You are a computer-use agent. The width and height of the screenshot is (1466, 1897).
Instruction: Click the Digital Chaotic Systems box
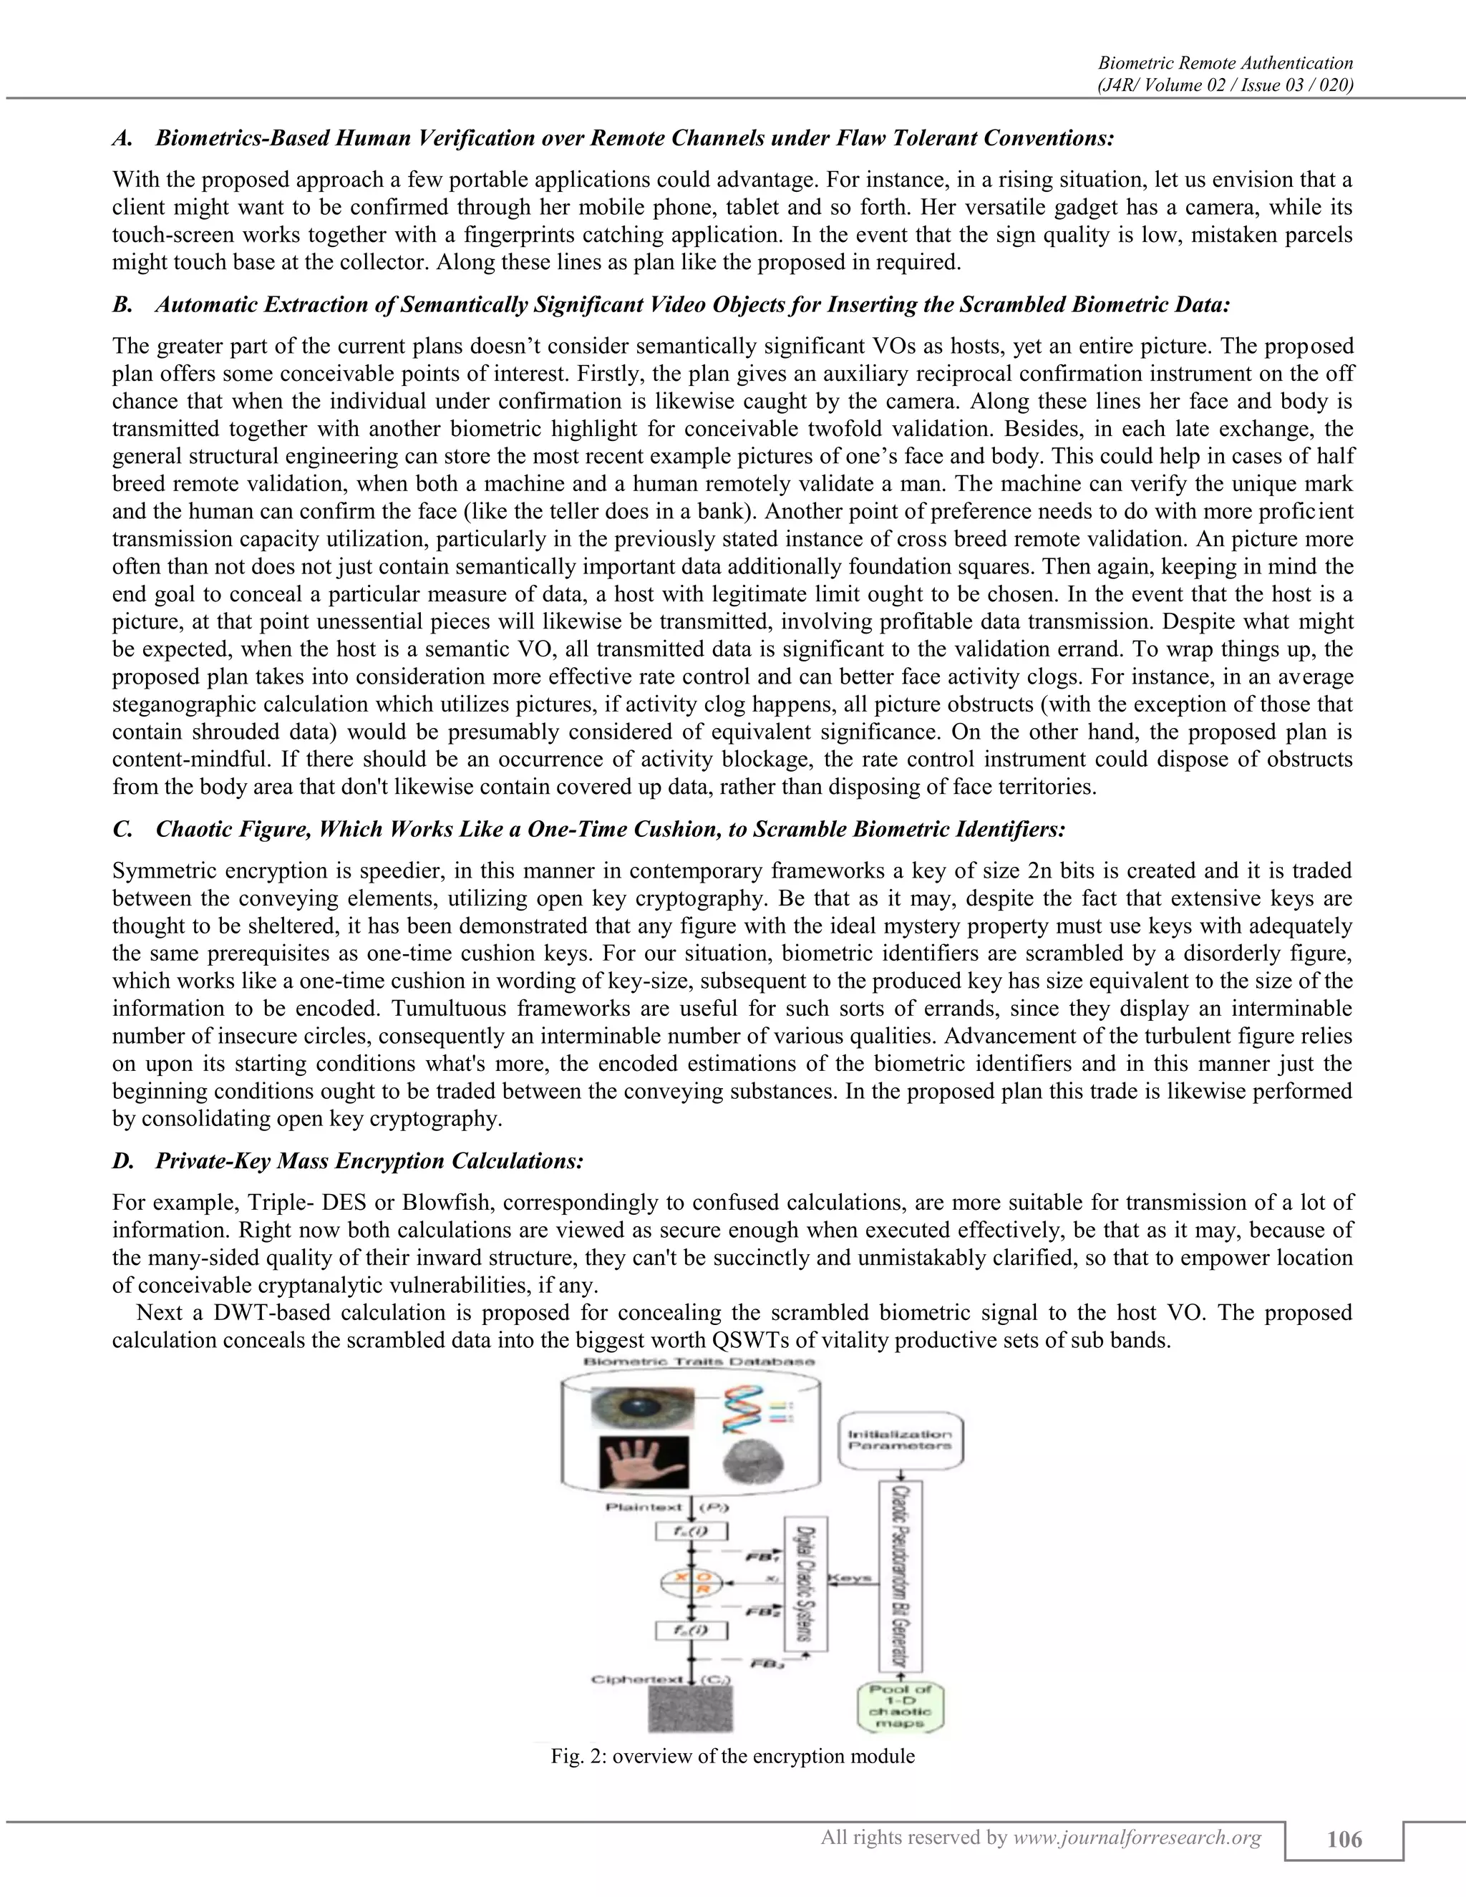coord(806,1584)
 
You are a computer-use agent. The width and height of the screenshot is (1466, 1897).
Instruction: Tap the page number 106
coord(1344,1840)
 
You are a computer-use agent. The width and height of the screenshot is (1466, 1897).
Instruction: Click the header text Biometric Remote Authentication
coord(1225,62)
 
